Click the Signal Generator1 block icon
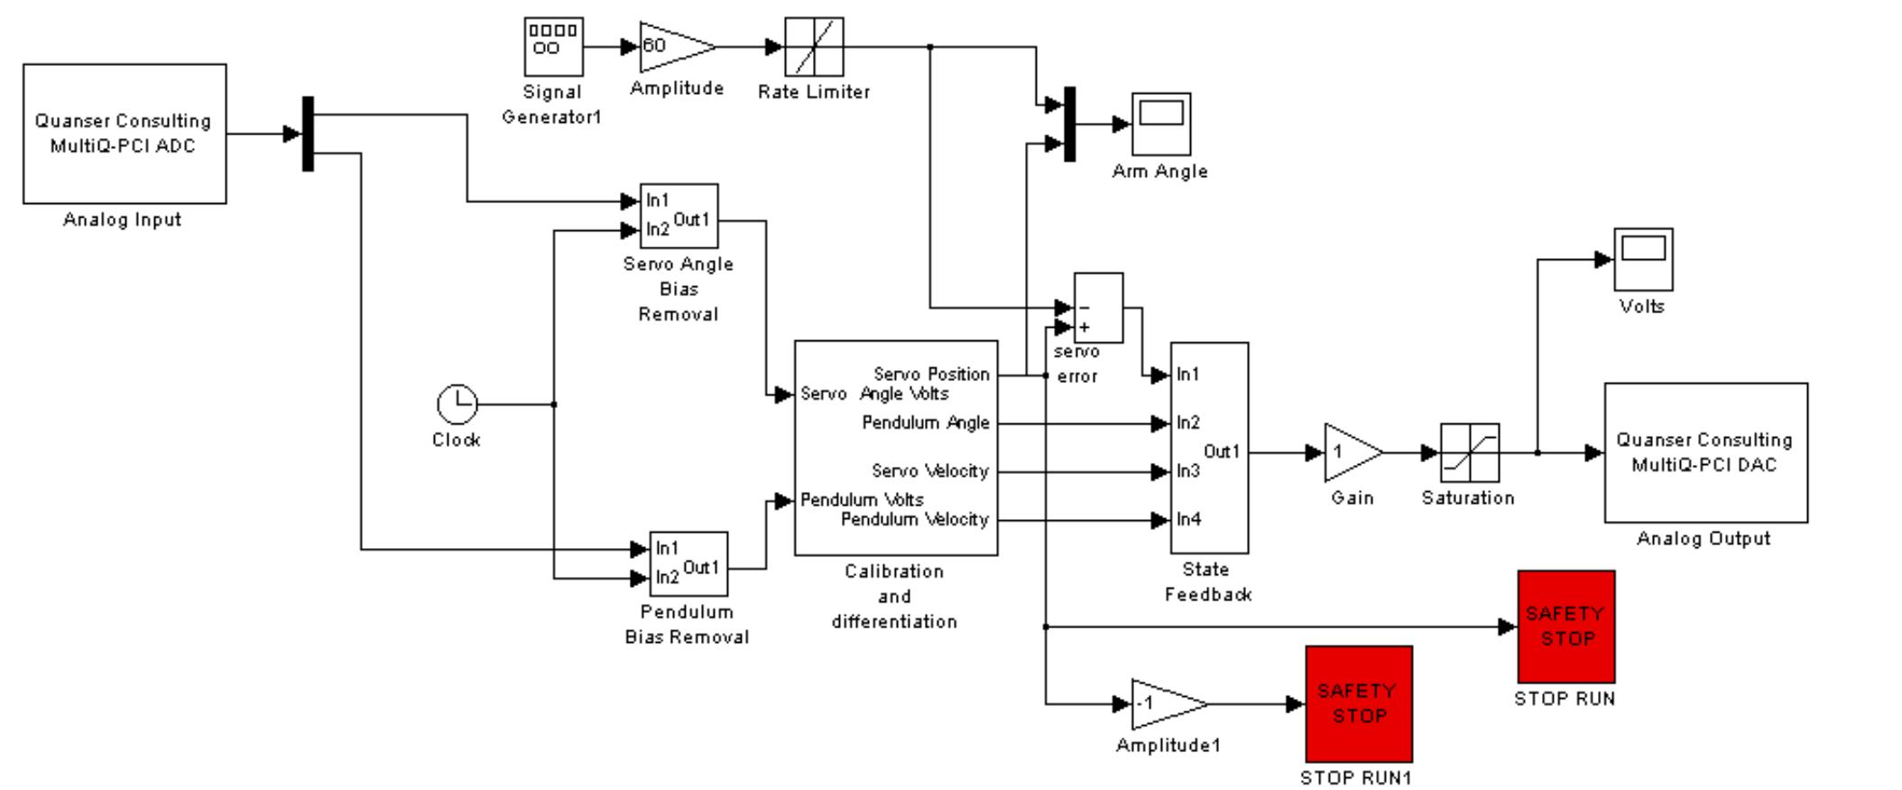[553, 47]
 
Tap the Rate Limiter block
[814, 47]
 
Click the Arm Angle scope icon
[1161, 124]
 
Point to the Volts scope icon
[1643, 259]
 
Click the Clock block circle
[457, 404]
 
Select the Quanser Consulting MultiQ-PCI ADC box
[125, 134]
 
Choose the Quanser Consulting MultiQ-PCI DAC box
[1705, 452]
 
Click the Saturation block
[1470, 452]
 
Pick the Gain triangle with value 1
[1349, 452]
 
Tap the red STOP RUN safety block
[1565, 626]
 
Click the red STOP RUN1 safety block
[1358, 703]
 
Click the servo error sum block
[1098, 308]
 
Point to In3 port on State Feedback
[1187, 471]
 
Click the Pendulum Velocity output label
[914, 519]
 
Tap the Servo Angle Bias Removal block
[679, 216]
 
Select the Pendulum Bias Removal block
[688, 563]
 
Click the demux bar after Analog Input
[308, 134]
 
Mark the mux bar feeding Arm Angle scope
[1070, 124]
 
